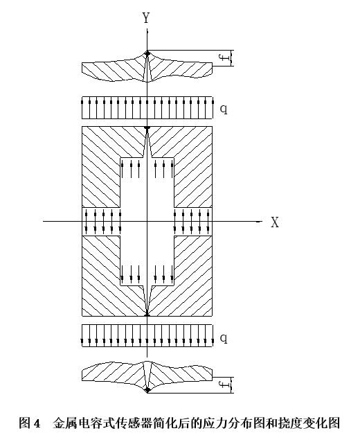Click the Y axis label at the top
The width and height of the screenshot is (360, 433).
point(146,18)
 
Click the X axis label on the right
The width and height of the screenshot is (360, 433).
point(275,222)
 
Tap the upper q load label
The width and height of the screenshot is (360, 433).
point(224,109)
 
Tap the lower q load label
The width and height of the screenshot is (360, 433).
point(224,338)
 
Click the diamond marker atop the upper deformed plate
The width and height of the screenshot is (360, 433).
point(147,53)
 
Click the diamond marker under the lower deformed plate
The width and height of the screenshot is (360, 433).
point(147,389)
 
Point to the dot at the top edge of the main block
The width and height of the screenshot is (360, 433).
point(147,127)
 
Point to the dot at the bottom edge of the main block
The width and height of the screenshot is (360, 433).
point(147,315)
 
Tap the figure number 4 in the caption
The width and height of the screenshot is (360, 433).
point(37,423)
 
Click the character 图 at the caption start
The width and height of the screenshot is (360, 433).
point(25,423)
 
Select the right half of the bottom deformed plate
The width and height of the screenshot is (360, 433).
point(180,375)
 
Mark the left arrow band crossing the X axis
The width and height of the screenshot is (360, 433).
point(101,222)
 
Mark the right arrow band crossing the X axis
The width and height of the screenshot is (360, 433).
point(193,222)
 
